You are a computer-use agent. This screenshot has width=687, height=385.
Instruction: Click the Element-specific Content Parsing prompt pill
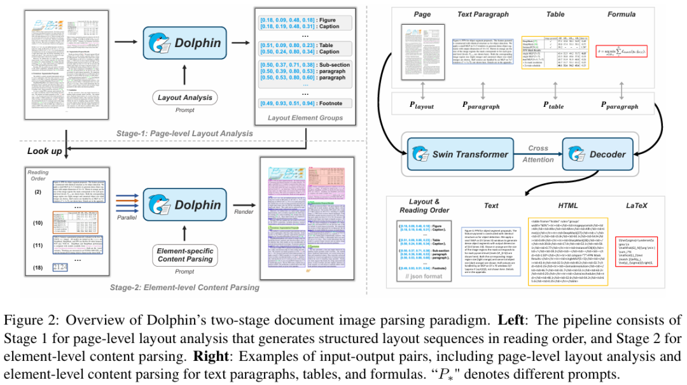click(x=185, y=255)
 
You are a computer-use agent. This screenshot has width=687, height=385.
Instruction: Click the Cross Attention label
click(x=538, y=154)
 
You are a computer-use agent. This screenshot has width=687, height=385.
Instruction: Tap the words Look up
click(x=45, y=151)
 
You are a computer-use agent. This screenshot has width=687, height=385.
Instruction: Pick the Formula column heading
click(x=621, y=14)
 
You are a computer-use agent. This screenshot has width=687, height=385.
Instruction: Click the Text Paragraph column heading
click(x=489, y=14)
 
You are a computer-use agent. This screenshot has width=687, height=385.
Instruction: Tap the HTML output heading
click(x=568, y=206)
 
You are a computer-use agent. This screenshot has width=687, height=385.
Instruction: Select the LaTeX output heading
click(x=633, y=206)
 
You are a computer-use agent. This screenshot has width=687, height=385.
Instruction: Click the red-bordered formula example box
click(x=621, y=50)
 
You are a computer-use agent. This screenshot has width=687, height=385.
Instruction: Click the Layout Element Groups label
click(x=305, y=118)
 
